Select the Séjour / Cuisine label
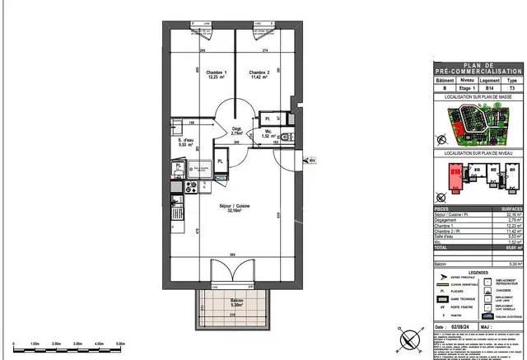pos(234,207)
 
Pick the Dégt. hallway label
pos(236,129)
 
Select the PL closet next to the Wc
pos(266,118)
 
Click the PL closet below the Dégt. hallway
pos(220,161)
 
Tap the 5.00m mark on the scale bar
pos(120,343)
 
